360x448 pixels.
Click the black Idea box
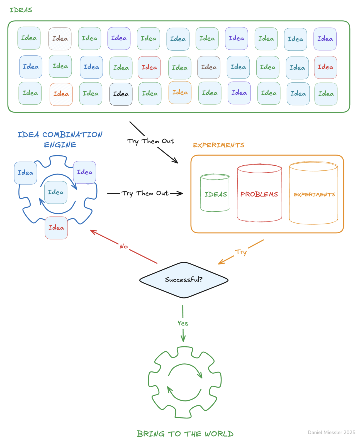click(121, 94)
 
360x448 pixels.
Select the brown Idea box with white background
click(60, 39)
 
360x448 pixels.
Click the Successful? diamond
click(184, 280)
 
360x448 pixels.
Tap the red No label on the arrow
click(124, 246)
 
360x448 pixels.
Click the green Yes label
click(183, 323)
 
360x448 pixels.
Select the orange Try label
click(241, 252)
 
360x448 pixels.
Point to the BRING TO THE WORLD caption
click(185, 434)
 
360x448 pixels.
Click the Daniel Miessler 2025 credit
click(331, 432)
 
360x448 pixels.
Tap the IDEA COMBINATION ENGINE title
click(60, 139)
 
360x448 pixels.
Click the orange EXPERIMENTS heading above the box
click(219, 145)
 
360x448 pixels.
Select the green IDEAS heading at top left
click(21, 10)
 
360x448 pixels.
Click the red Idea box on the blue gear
click(56, 228)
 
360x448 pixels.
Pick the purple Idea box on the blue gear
click(85, 172)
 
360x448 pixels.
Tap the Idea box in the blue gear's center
click(56, 192)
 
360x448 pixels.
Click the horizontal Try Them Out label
click(145, 193)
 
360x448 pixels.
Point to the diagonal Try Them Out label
click(151, 141)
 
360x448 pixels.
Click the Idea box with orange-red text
click(61, 94)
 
